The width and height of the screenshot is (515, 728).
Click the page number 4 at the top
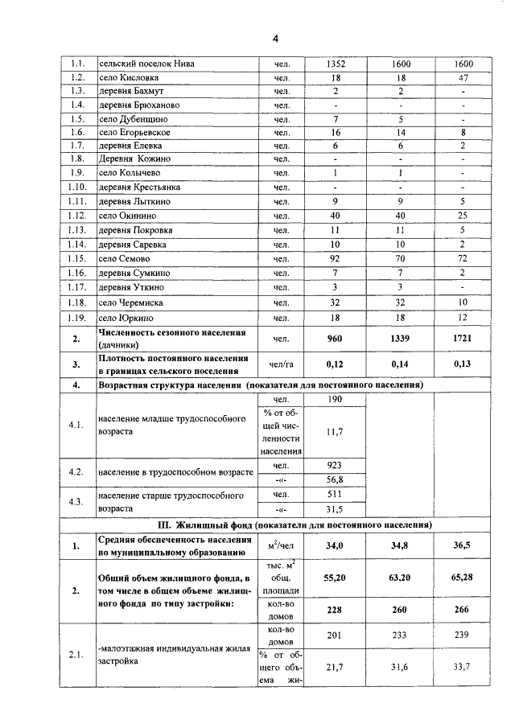point(274,39)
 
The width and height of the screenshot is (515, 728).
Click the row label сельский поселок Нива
point(145,64)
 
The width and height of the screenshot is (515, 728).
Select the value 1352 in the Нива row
point(336,64)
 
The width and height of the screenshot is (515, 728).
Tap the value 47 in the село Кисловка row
point(463,78)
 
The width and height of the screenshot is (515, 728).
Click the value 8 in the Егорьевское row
point(463,133)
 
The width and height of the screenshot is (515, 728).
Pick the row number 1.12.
point(77,216)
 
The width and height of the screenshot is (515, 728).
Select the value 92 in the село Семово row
point(336,258)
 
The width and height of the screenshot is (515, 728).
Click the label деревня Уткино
point(131,286)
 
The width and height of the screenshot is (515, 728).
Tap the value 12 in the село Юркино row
point(463,319)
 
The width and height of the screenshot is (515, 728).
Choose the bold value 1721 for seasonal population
point(463,339)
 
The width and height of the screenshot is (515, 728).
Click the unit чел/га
point(281,364)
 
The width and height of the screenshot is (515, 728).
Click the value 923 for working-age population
point(336,466)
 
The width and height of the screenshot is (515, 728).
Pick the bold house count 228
point(336,610)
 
